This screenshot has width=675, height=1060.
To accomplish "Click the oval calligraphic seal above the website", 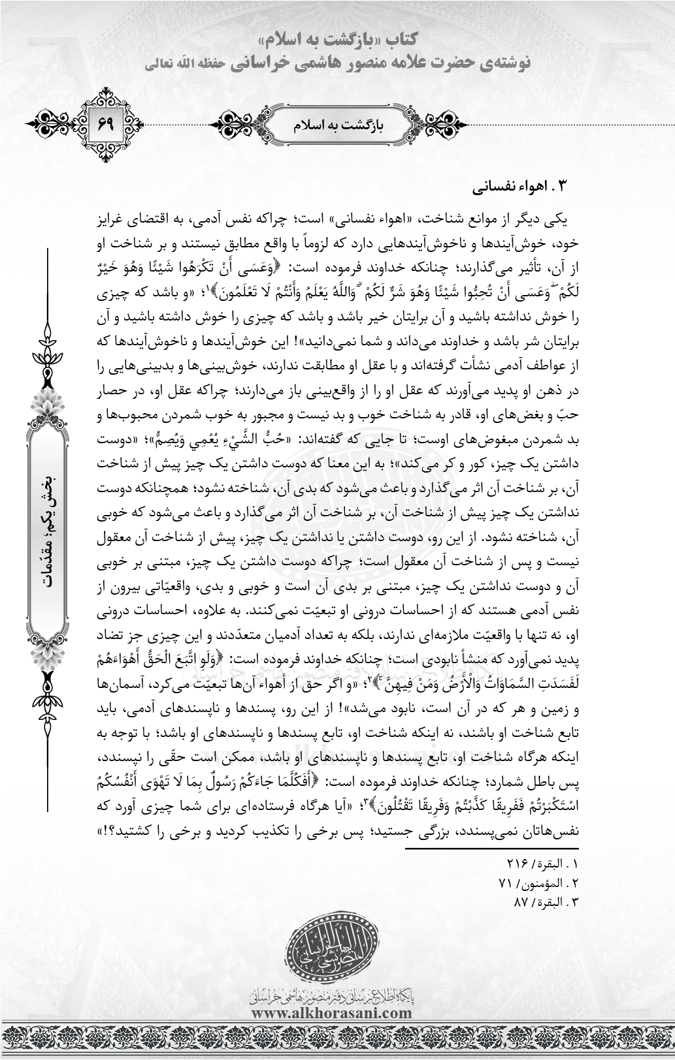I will point(337,954).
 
